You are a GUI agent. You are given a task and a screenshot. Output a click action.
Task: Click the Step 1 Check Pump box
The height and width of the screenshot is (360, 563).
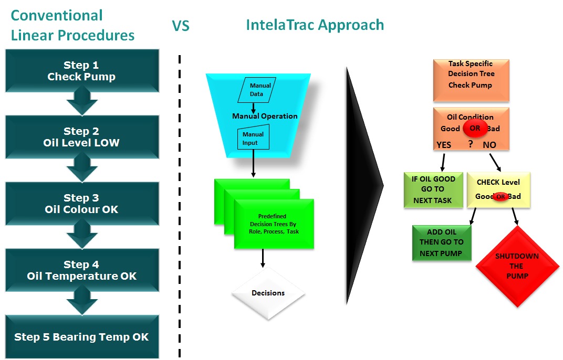(x=82, y=71)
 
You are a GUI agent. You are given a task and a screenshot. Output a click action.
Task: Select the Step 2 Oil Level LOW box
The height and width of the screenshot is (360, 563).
(x=82, y=137)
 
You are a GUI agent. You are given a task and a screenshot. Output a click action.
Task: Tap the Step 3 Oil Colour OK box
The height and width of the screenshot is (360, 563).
(x=82, y=204)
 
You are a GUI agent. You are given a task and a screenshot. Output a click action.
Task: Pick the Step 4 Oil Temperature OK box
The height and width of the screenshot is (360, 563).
(x=82, y=270)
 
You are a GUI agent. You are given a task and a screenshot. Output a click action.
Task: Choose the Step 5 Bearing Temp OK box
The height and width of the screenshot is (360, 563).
(x=82, y=337)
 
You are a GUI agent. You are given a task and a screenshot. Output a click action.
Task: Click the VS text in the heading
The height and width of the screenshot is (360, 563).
(x=181, y=26)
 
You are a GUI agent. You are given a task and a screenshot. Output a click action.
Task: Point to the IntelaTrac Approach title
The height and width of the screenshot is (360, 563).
(x=315, y=25)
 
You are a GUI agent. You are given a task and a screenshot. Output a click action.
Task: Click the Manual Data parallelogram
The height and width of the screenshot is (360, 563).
(x=257, y=90)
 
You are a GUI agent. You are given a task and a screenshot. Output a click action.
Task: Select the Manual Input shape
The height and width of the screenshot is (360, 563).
(x=254, y=137)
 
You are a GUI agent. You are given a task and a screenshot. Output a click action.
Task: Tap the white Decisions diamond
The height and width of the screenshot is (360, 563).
(x=268, y=293)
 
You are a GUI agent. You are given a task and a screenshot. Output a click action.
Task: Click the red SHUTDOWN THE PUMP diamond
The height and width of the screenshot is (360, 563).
(x=517, y=266)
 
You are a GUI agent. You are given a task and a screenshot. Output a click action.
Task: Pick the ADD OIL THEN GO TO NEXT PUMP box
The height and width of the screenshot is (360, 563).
(x=442, y=243)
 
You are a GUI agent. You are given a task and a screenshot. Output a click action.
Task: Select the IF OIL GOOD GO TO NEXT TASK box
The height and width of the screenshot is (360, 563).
(x=433, y=190)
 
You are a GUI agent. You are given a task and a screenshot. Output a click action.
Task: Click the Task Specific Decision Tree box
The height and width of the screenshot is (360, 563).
(x=471, y=80)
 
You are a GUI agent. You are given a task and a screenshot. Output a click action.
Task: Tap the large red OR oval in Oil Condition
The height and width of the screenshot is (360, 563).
(x=475, y=128)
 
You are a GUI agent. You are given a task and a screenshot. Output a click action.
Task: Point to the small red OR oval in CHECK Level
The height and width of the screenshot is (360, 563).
(x=501, y=197)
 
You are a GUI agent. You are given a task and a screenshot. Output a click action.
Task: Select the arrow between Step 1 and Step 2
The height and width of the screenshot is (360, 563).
(x=82, y=102)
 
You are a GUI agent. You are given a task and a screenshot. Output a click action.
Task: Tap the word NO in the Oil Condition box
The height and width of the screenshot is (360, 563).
(x=489, y=145)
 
